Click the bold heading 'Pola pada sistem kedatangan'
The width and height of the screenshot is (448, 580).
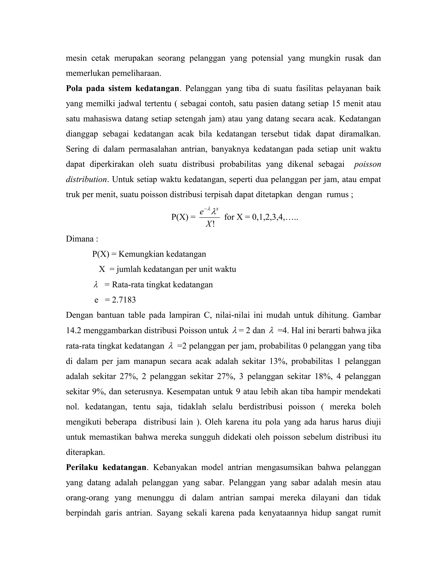[x=122, y=88]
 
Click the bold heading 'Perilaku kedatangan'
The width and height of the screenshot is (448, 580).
[x=106, y=468]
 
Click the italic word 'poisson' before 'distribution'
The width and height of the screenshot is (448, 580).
[x=367, y=164]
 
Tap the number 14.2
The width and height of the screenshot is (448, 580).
[x=73, y=331]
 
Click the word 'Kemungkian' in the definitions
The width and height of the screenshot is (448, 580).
[x=141, y=254]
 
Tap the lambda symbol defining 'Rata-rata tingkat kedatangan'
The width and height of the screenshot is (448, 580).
[x=96, y=285]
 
